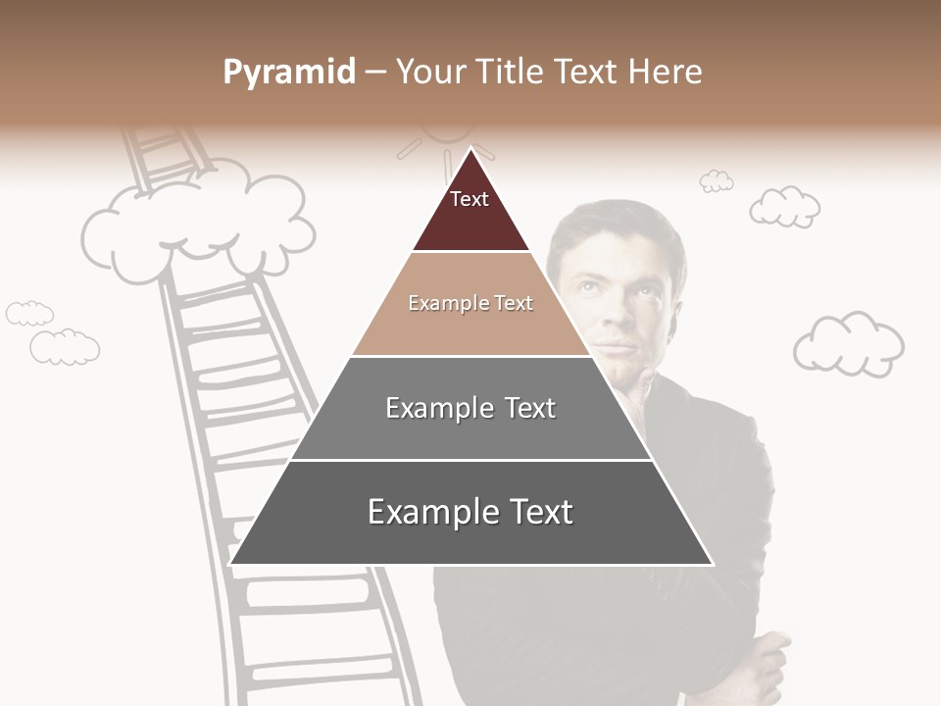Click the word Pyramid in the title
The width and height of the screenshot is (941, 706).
[x=288, y=73]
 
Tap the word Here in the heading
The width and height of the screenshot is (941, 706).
[x=666, y=73]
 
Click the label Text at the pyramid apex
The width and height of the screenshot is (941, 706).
[x=469, y=199]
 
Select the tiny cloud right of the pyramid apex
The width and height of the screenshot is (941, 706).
[x=717, y=180]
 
